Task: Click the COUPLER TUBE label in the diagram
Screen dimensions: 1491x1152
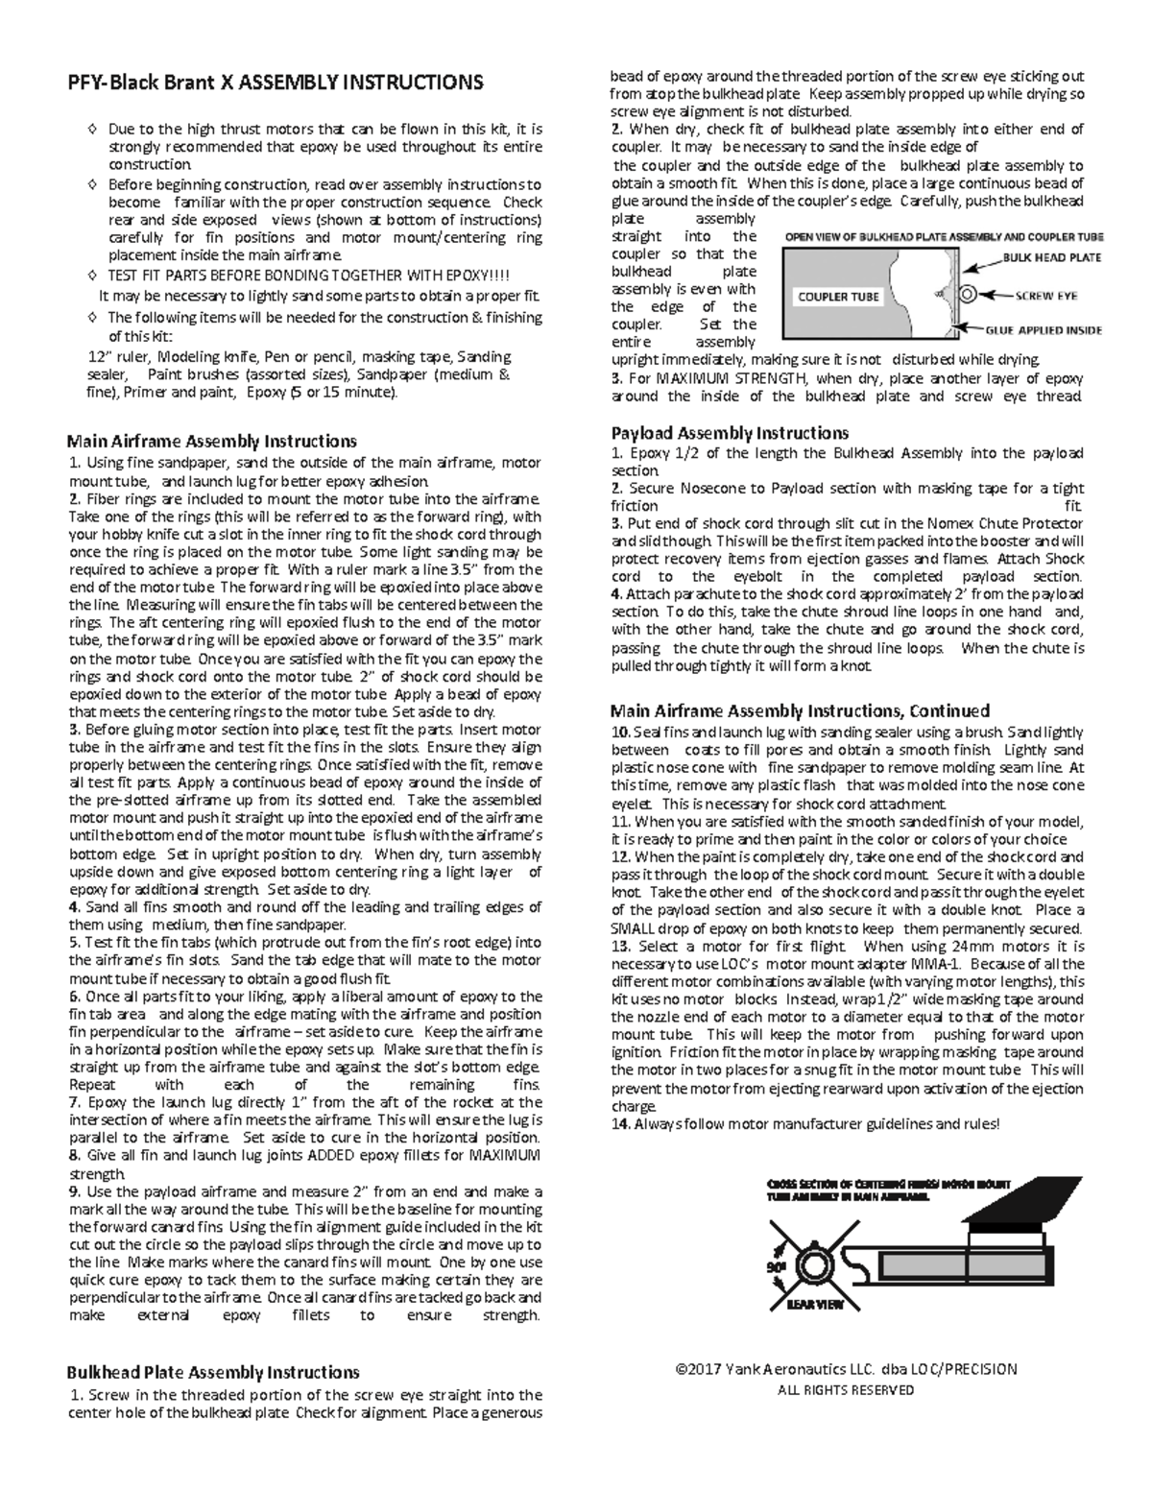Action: pyautogui.click(x=838, y=297)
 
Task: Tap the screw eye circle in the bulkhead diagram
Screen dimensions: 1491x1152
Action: pyautogui.click(x=968, y=294)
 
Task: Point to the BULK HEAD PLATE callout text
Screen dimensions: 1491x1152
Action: pyautogui.click(x=1052, y=257)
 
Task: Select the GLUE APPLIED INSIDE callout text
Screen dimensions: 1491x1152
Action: pyautogui.click(x=1044, y=330)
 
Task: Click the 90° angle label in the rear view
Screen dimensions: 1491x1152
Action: pyautogui.click(x=775, y=1266)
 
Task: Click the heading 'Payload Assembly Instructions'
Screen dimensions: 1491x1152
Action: pyautogui.click(x=730, y=433)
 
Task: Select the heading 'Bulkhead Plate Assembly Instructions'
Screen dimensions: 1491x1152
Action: pyautogui.click(x=212, y=1373)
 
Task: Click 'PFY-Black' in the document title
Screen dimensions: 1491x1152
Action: pyautogui.click(x=103, y=83)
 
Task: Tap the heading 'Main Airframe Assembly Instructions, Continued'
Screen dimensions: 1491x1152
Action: pyautogui.click(x=800, y=711)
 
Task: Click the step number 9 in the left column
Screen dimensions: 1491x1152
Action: pyautogui.click(x=74, y=1192)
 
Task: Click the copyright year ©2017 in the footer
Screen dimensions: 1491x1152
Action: pyautogui.click(x=699, y=1370)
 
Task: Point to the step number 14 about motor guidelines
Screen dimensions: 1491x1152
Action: pyautogui.click(x=620, y=1124)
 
